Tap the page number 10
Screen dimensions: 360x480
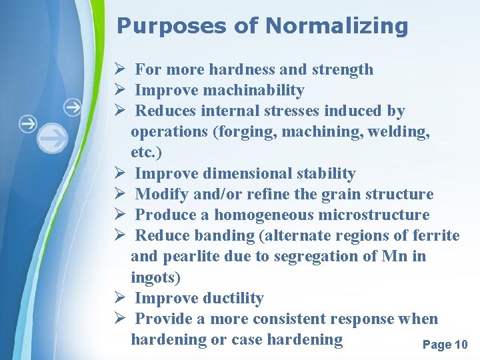click(x=461, y=345)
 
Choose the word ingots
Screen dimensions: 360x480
click(x=155, y=277)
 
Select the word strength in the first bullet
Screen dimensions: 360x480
click(x=343, y=69)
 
